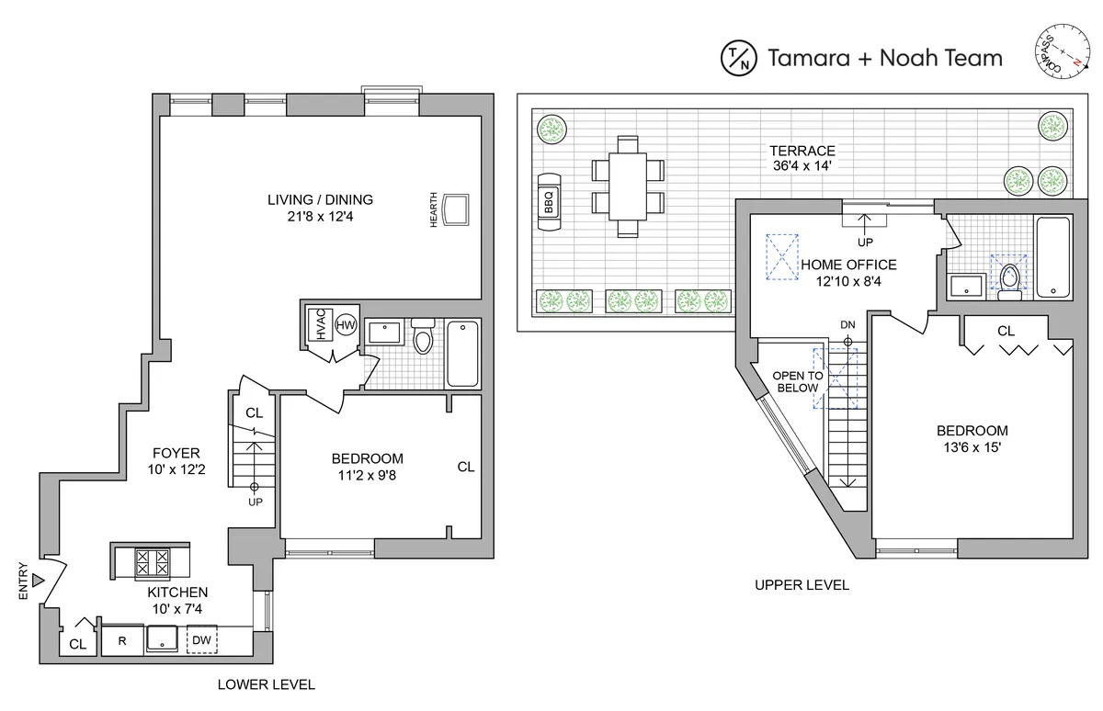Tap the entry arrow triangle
(x=38, y=581)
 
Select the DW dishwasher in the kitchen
(x=201, y=641)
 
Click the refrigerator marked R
(x=122, y=641)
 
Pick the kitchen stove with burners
(x=151, y=559)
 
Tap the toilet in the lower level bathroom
(x=423, y=337)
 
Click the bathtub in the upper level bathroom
(x=1052, y=256)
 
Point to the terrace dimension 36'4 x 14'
(x=802, y=167)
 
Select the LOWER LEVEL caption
(x=266, y=684)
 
